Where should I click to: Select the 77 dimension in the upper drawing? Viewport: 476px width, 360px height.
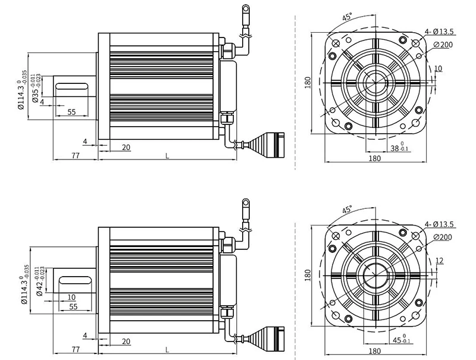point(76,155)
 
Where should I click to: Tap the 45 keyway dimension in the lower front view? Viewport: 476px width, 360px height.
point(397,341)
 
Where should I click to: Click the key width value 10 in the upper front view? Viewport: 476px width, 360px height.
point(439,69)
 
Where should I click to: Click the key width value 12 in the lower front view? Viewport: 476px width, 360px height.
point(439,261)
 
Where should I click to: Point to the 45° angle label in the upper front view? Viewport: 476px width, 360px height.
point(347,17)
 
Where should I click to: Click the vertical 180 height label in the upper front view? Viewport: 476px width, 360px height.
point(308,82)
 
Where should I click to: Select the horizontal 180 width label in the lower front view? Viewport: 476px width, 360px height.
point(375,352)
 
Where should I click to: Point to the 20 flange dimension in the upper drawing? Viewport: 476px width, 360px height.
point(126,147)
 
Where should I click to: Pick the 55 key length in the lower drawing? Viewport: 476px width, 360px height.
point(73,306)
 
